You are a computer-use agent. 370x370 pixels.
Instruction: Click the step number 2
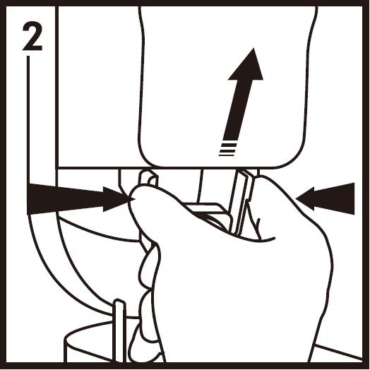[x=32, y=36]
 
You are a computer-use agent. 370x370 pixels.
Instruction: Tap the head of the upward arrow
[x=246, y=66]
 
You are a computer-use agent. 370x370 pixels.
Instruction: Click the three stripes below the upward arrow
[x=227, y=150]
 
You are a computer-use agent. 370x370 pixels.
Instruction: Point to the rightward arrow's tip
[x=134, y=199]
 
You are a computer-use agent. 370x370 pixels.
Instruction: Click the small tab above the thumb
[x=148, y=177]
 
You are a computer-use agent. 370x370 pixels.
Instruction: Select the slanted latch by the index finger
[x=242, y=202]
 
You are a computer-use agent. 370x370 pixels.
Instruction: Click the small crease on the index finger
[x=258, y=227]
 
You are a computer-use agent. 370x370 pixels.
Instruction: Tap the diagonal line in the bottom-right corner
[x=339, y=352]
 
